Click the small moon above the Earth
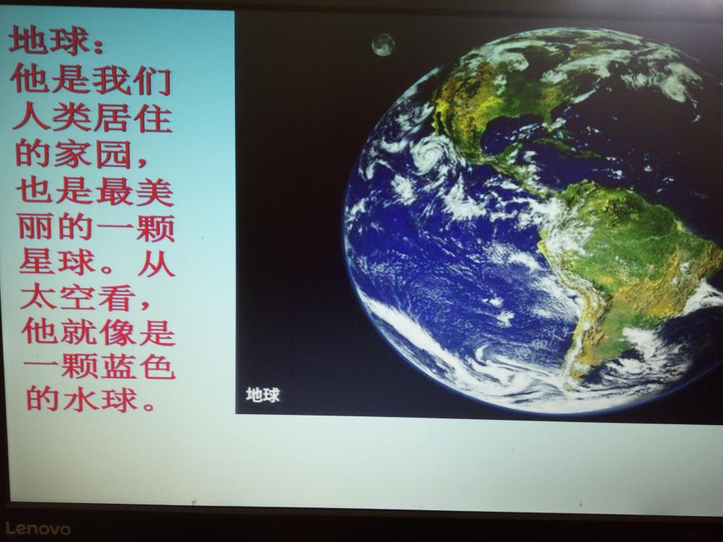point(383,45)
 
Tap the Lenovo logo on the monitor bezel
point(38,528)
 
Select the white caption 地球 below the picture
point(262,395)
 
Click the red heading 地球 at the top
point(48,40)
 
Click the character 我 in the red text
point(111,81)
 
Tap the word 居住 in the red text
point(133,119)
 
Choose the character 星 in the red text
point(38,262)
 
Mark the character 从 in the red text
point(156,263)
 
